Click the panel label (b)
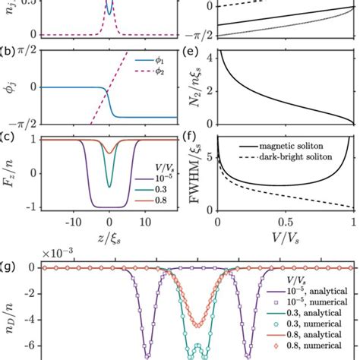point(7,52)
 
